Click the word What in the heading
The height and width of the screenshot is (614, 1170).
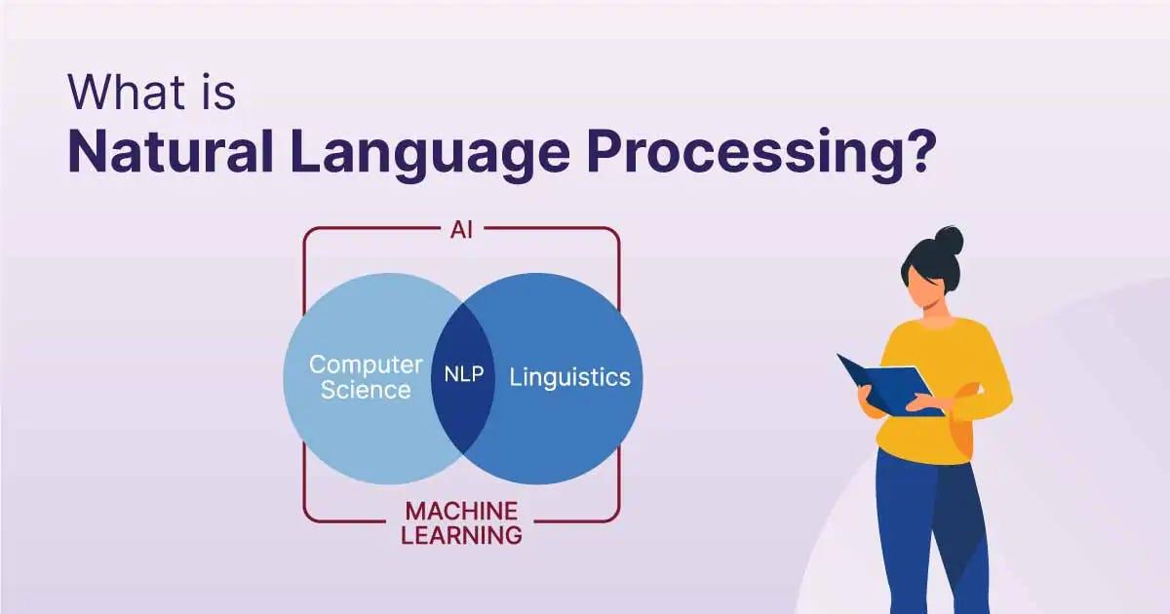[x=127, y=93]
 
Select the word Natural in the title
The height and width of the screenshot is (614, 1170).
[x=171, y=151]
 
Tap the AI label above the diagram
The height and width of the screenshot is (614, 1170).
[x=462, y=230]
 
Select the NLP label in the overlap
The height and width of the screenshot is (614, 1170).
[x=464, y=374]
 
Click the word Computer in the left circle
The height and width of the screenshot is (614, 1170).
[x=366, y=365]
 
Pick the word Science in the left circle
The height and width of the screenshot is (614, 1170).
[x=366, y=390]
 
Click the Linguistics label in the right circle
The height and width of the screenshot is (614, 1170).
[x=569, y=377]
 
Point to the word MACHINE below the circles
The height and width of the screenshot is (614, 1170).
[x=462, y=511]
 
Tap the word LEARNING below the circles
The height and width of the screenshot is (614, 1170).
[x=462, y=536]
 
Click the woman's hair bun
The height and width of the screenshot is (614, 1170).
[x=949, y=240]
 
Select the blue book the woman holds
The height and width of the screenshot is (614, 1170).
[x=889, y=385]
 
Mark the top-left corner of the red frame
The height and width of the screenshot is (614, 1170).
[x=304, y=228]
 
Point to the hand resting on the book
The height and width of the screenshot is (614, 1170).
[x=924, y=403]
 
